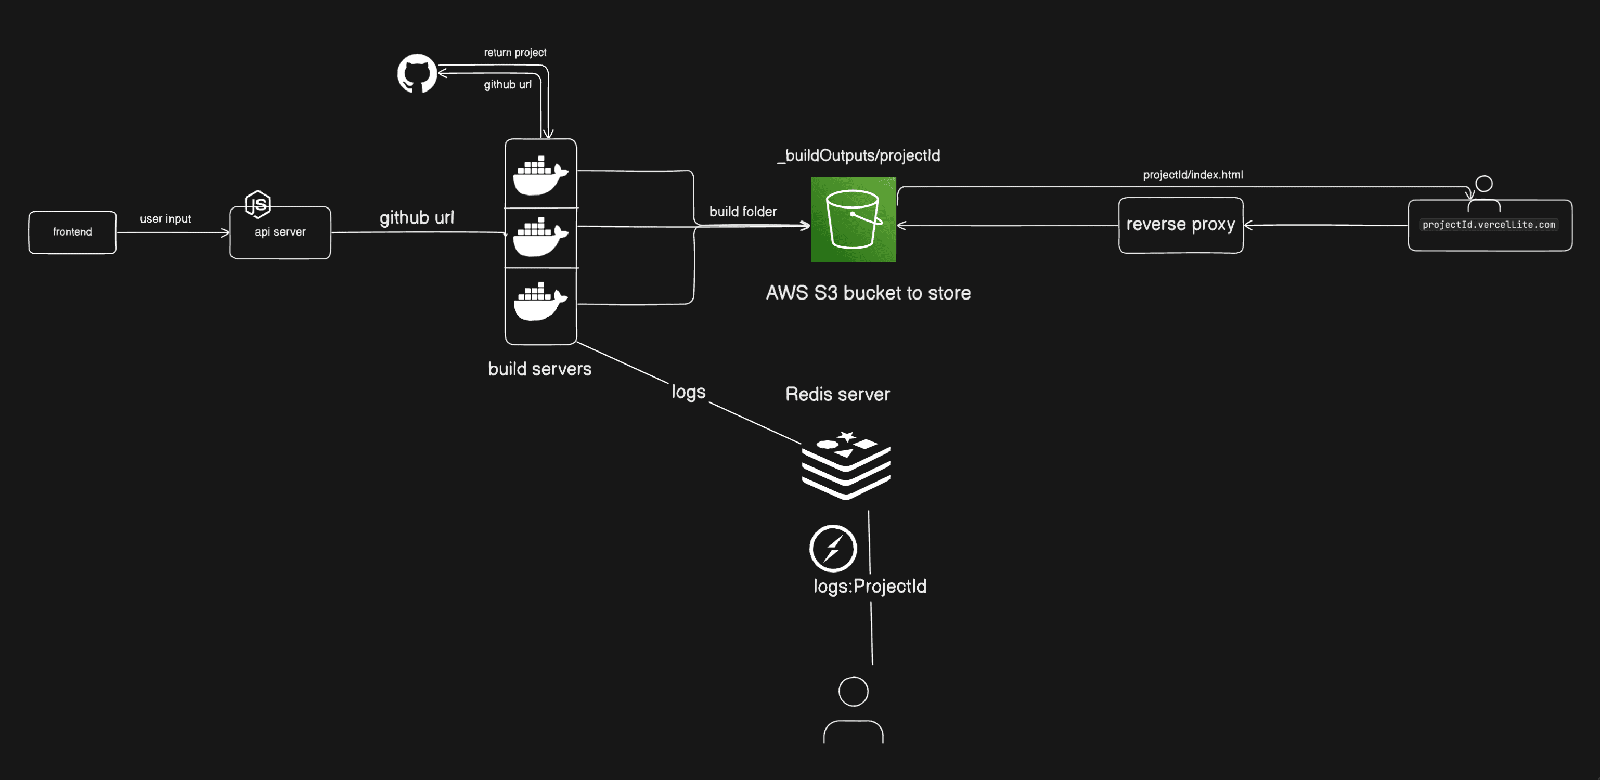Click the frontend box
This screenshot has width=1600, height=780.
click(72, 232)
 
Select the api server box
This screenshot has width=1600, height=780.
click(280, 232)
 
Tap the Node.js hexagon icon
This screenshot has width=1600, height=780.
click(258, 204)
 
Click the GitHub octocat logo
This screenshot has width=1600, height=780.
click(417, 73)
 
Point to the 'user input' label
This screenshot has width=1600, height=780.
click(165, 218)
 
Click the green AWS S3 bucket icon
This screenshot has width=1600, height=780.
click(853, 219)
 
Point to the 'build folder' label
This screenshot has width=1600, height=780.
click(743, 212)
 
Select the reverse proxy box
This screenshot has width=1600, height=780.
click(1180, 225)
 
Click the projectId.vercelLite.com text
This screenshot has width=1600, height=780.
click(1488, 225)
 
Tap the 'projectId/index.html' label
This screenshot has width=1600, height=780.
click(1193, 175)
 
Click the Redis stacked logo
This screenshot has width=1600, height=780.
click(846, 465)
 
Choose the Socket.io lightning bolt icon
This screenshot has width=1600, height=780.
click(833, 549)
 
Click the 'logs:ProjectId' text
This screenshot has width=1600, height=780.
click(870, 586)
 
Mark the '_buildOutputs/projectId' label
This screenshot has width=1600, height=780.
click(859, 155)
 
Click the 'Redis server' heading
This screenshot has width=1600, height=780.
click(837, 394)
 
